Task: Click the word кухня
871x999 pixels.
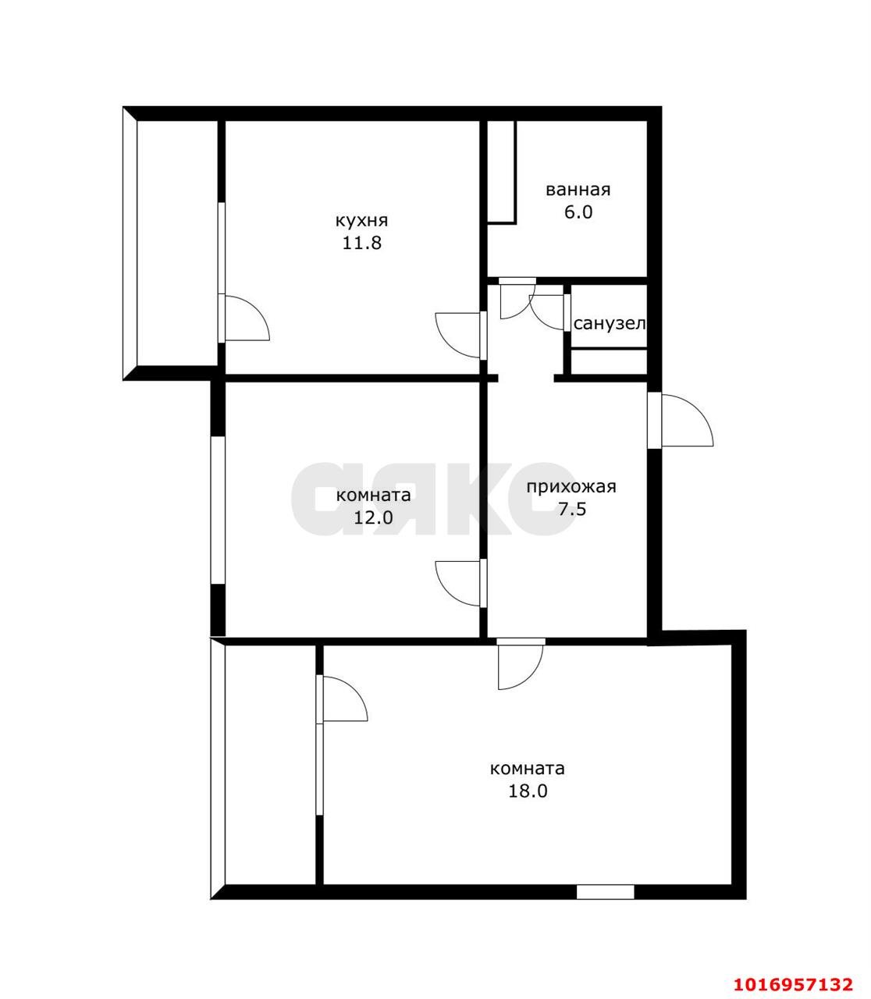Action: tap(361, 221)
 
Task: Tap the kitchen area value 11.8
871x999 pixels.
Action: tap(361, 244)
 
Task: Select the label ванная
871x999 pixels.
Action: tap(578, 190)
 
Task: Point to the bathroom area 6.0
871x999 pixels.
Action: tap(578, 213)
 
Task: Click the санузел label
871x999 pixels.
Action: tap(610, 324)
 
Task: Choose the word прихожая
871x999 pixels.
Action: tap(571, 487)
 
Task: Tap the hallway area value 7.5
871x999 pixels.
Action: tap(572, 510)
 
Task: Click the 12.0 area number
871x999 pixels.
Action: tap(374, 517)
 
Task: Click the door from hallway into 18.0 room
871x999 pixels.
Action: tap(521, 663)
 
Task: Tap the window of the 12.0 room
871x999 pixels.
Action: tap(218, 510)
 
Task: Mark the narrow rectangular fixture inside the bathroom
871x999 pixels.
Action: tap(501, 172)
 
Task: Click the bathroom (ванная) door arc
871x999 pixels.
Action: tap(517, 301)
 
